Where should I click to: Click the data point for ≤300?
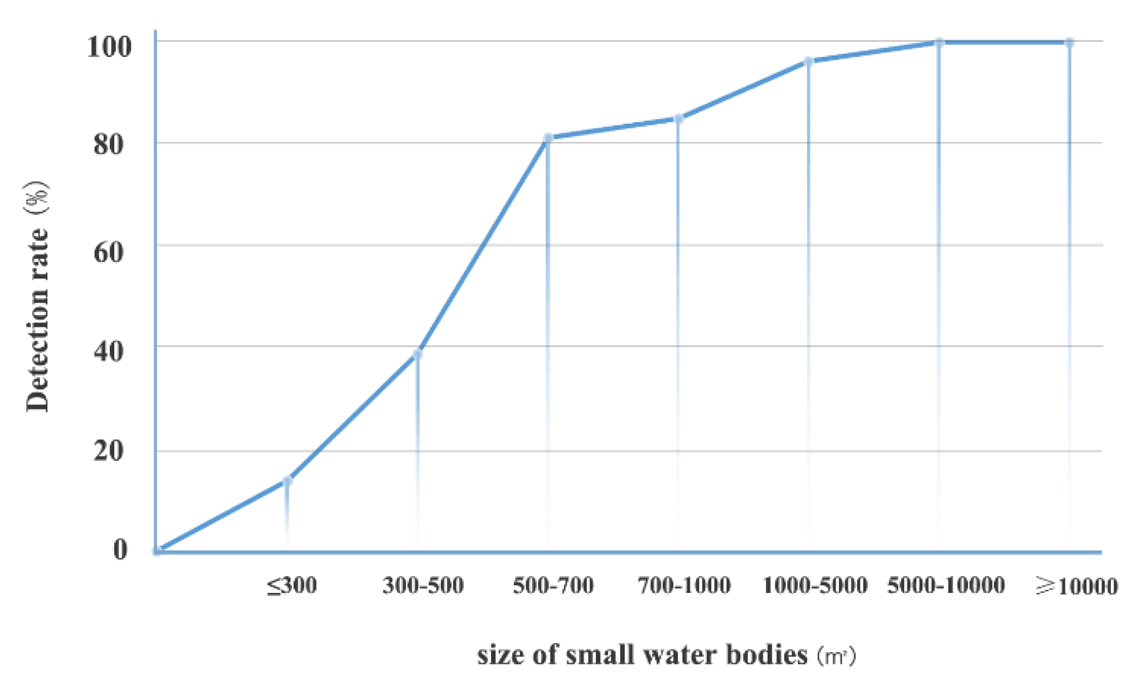pos(287,481)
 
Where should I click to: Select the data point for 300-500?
pos(417,354)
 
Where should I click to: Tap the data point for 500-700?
pos(548,138)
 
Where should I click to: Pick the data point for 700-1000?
pos(678,119)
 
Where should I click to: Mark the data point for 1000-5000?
pos(809,61)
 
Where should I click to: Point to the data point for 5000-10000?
pos(939,42)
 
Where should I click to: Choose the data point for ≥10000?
pos(1069,42)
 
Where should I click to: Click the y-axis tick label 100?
pos(109,46)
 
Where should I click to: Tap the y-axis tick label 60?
pos(109,252)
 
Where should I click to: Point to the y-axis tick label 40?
pos(109,352)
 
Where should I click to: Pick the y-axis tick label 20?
pos(109,450)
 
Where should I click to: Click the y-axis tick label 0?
pos(120,549)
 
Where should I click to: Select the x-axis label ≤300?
pos(292,586)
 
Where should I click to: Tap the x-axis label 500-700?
pos(553,586)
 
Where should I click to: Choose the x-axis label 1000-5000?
pos(814,586)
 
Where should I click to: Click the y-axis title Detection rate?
pos(38,320)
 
